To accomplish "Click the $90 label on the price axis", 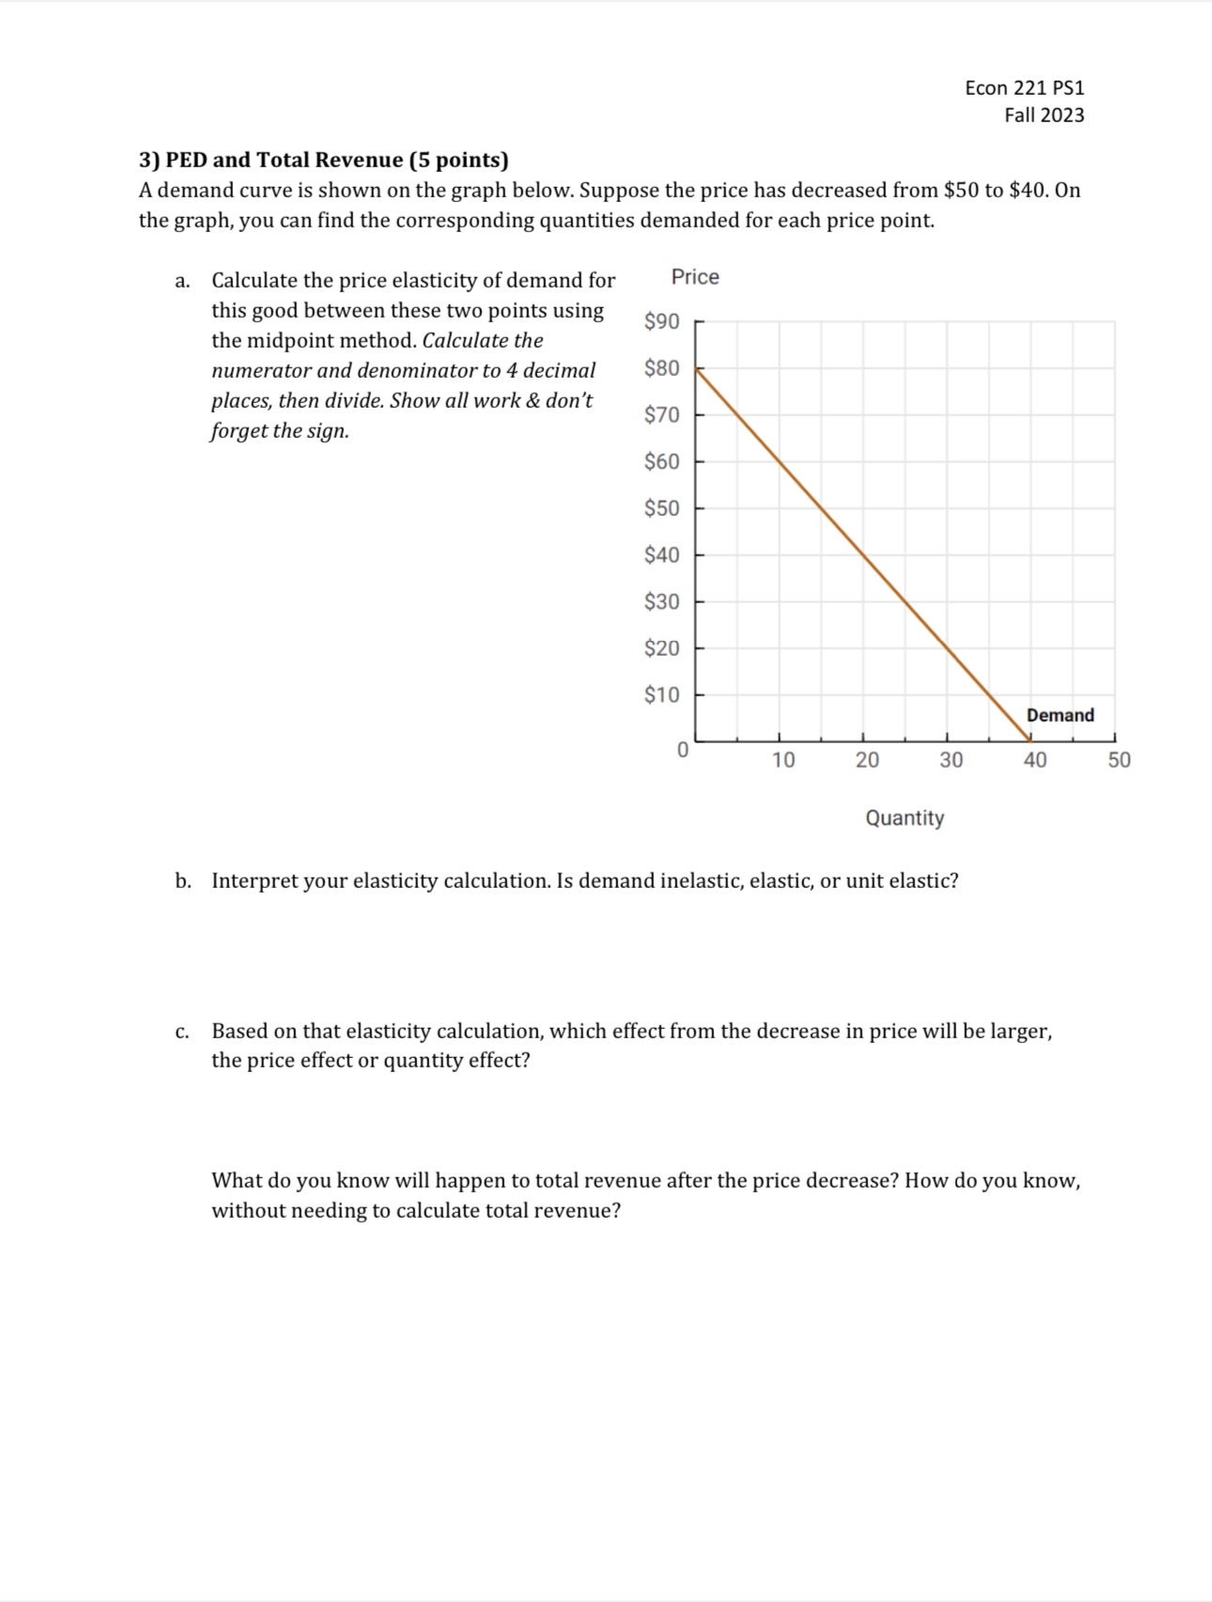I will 661,321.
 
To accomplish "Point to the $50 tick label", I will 661,508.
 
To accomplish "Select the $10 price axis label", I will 661,695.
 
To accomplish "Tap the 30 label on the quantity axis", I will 951,760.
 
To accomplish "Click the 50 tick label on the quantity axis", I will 1119,760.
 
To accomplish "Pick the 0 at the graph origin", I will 683,750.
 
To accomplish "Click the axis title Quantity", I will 905,817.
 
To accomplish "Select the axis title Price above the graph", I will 695,277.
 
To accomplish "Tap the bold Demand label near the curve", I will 1060,715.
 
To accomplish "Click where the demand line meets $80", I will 696,368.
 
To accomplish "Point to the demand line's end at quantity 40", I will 1031,740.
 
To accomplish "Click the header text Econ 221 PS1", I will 1024,87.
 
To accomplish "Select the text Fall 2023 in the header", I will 1044,115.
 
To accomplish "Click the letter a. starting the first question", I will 182,281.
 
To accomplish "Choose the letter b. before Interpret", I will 182,881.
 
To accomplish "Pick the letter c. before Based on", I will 182,1032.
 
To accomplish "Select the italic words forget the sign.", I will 280,431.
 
